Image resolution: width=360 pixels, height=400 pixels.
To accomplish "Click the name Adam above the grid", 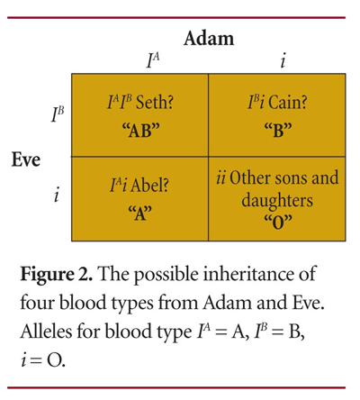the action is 209,39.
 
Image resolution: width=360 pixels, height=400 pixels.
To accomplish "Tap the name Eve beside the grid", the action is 26,159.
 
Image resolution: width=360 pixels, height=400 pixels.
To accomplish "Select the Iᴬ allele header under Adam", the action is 153,60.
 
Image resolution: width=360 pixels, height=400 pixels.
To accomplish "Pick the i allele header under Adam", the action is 283,60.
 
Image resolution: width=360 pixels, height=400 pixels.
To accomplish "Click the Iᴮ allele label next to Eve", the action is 57,115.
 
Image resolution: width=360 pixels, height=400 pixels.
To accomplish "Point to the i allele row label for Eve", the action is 56,195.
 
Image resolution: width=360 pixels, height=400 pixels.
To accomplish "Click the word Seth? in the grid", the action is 155,103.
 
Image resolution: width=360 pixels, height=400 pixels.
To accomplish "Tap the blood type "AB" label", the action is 140,131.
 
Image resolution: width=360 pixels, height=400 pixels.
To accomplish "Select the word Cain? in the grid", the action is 288,103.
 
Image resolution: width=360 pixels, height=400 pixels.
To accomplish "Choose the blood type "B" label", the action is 278,131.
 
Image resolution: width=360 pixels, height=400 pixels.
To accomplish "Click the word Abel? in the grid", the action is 149,186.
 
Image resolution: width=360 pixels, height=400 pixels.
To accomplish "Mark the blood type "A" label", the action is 139,213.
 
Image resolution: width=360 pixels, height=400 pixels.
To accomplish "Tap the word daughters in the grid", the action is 277,200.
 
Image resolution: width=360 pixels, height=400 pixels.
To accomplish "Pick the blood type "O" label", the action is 278,223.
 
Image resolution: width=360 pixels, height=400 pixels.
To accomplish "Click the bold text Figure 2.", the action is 56,274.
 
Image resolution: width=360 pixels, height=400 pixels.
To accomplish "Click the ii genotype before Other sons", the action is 221,177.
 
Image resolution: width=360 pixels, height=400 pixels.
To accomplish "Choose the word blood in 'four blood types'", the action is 83,303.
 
